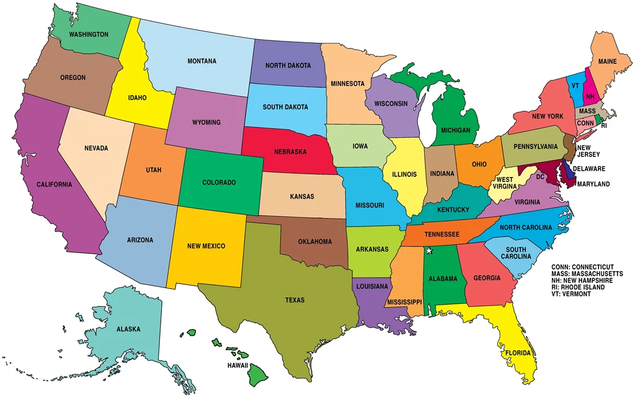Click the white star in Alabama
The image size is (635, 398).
[428, 251]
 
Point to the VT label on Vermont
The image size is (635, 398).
[575, 86]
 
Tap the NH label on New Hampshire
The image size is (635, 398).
[590, 97]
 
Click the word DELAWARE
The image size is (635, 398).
[589, 168]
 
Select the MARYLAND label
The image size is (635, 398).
[593, 184]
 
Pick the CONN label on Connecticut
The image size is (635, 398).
[585, 123]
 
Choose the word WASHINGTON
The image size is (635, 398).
[89, 34]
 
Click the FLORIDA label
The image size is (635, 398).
[517, 353]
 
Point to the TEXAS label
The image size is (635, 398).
[295, 300]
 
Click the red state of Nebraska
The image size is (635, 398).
[290, 152]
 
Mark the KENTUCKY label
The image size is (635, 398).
[453, 210]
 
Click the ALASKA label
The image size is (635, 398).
[128, 329]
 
